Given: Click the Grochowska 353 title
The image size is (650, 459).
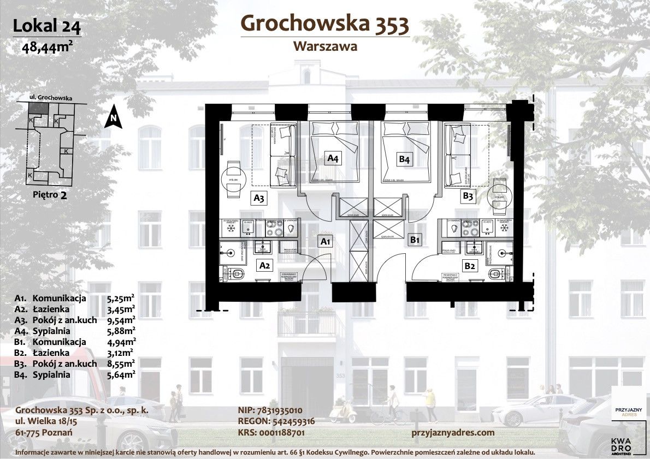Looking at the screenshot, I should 324,23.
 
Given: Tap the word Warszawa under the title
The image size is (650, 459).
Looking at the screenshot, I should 325,46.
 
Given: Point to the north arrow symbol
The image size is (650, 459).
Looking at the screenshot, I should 113,116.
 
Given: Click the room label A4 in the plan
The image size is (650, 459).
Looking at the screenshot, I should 333,159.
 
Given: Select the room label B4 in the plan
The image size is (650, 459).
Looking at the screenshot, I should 404,159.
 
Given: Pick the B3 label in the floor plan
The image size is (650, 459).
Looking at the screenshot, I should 468,196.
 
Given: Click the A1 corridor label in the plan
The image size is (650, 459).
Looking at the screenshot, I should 326,241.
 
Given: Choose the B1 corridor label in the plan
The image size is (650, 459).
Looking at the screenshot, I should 415,239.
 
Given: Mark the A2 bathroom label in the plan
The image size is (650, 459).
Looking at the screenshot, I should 265,266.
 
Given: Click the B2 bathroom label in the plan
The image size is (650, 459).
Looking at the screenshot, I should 470,266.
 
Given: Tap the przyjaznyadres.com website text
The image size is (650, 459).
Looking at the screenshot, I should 452,432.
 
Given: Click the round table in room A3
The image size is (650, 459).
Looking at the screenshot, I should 233,179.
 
